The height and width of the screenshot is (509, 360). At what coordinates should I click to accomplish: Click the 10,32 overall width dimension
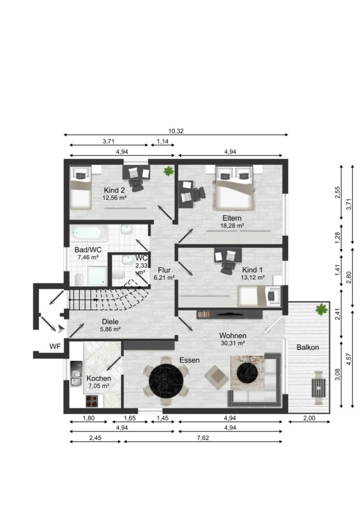[176, 131]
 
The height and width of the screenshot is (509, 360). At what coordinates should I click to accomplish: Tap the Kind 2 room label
[114, 190]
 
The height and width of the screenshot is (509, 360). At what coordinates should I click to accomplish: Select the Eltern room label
[232, 218]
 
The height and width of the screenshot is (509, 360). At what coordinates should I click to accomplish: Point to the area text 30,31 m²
[233, 343]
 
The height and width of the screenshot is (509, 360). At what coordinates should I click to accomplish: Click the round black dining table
[166, 381]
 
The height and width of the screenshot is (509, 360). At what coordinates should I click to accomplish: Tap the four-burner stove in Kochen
[92, 401]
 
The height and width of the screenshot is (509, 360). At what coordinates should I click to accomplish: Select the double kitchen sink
[76, 374]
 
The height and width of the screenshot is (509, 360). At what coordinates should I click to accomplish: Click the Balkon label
[308, 347]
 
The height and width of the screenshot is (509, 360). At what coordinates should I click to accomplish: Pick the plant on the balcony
[322, 309]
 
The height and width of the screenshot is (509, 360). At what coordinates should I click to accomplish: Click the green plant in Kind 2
[168, 171]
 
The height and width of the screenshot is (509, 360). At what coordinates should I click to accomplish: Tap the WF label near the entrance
[55, 347]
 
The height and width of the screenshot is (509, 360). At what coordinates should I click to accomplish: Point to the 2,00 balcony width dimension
[309, 418]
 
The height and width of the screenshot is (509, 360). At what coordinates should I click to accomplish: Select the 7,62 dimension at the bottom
[203, 438]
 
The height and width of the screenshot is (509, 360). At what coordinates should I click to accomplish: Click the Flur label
[164, 270]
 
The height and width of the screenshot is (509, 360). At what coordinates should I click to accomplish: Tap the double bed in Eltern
[233, 188]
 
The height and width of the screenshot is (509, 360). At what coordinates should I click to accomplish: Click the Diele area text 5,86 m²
[110, 329]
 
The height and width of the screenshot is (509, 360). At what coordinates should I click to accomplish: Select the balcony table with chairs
[319, 387]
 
